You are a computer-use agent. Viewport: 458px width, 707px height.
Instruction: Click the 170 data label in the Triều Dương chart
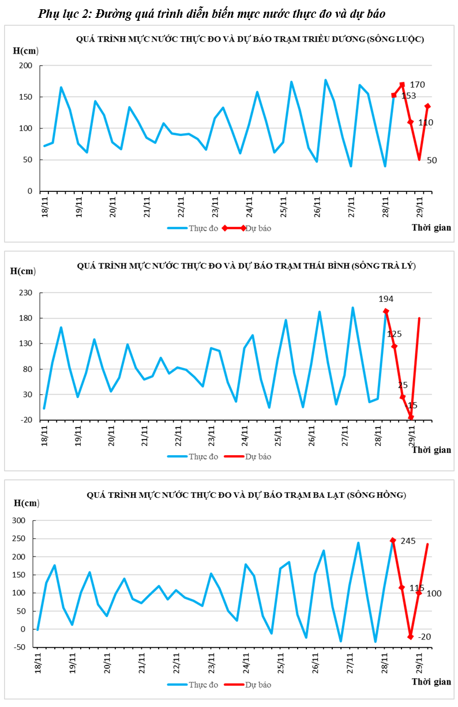point(417,85)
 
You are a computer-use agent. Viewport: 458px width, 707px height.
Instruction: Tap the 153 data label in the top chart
point(408,96)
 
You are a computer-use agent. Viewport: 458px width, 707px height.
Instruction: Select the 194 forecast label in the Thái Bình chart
point(386,299)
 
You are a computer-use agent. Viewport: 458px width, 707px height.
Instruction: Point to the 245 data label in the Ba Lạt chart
point(408,541)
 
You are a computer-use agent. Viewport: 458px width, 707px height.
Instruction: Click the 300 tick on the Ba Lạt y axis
point(20,520)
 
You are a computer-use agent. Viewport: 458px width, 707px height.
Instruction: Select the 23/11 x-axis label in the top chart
point(215,206)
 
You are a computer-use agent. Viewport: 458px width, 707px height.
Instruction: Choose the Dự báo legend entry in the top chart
point(258,228)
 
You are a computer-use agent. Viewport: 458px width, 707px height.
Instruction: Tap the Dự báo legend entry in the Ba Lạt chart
point(258,685)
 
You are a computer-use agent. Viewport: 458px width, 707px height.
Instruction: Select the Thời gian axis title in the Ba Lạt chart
point(431,682)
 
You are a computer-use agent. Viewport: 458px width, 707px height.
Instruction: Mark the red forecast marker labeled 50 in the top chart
point(419,159)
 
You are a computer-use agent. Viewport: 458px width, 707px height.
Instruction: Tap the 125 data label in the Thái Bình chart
point(395,334)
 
